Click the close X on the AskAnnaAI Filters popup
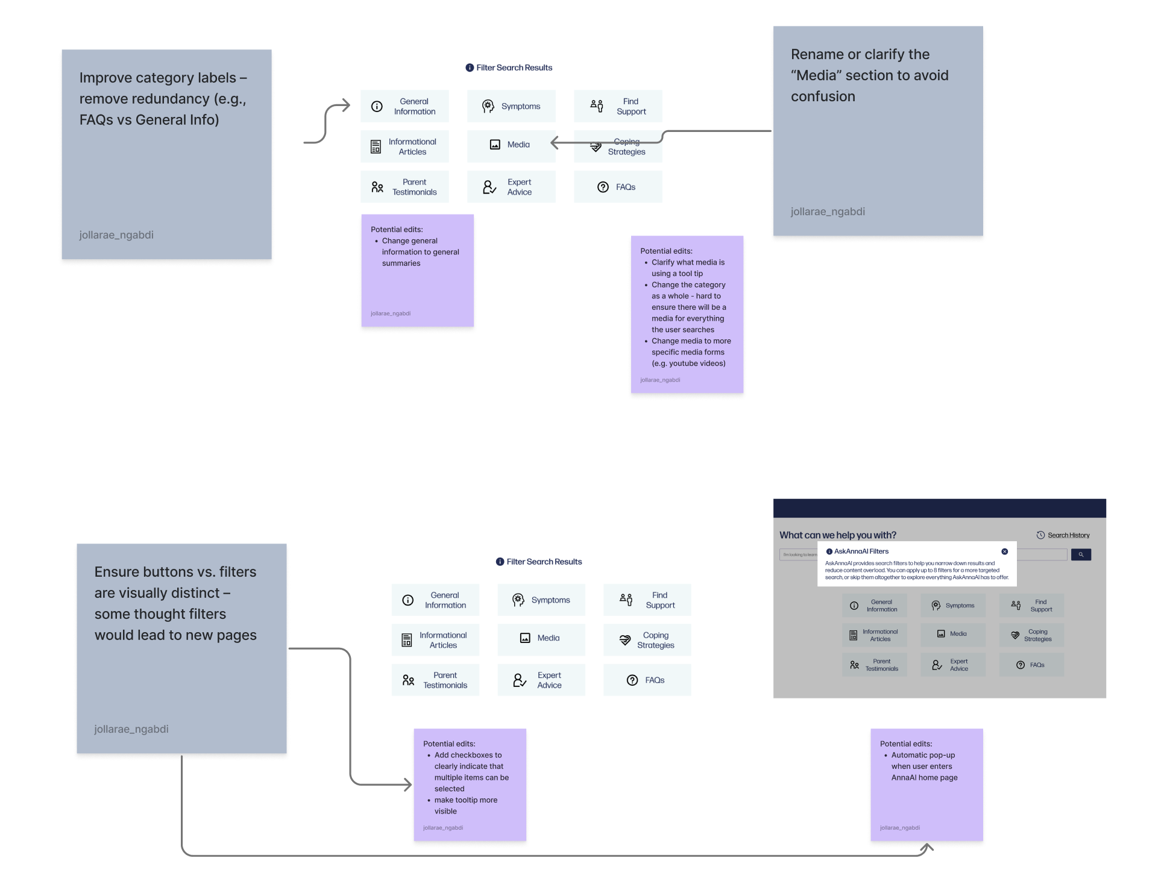click(x=1004, y=551)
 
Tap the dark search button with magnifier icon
click(x=1081, y=554)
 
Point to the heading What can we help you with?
click(x=837, y=535)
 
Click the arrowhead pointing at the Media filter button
click(x=554, y=143)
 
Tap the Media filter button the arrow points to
click(x=511, y=145)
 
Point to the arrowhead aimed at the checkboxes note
click(x=408, y=785)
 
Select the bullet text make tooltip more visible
click(x=465, y=806)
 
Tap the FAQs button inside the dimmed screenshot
click(x=1031, y=665)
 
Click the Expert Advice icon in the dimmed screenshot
click(x=937, y=665)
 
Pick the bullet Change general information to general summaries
click(x=420, y=252)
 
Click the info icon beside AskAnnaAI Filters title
click(x=829, y=551)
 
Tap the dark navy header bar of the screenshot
click(x=939, y=508)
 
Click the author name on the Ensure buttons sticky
click(x=131, y=729)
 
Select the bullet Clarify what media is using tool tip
click(x=687, y=268)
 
